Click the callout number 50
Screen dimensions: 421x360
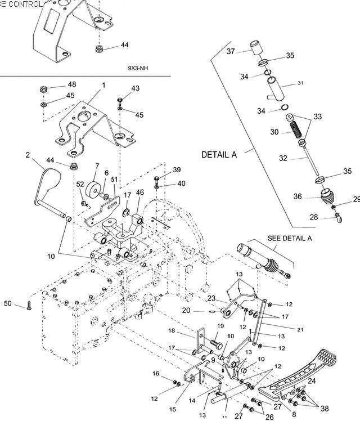[7, 303]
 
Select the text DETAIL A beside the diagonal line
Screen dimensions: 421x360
[219, 154]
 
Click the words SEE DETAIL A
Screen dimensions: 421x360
[290, 238]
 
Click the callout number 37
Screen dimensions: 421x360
[231, 51]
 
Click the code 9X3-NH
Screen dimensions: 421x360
[138, 68]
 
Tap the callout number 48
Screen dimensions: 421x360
[72, 84]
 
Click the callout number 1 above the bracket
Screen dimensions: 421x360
[103, 85]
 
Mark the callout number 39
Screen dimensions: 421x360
[177, 169]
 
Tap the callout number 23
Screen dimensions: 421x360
[211, 298]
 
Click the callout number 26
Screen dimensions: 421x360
[269, 417]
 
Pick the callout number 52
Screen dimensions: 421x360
[80, 184]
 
